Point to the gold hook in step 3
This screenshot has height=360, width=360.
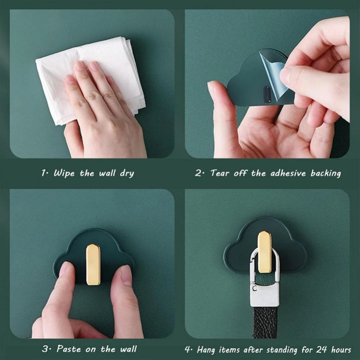[93, 265]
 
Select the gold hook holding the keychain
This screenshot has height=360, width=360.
[264, 252]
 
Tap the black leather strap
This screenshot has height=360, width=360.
[265, 323]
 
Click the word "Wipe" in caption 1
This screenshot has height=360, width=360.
[64, 173]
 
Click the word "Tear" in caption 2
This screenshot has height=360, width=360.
[220, 173]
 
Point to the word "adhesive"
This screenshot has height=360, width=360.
[288, 173]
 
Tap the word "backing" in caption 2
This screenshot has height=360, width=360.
[325, 174]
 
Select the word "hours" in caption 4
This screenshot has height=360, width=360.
[341, 350]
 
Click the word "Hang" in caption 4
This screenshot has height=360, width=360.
[206, 350]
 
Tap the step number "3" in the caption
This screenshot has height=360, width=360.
[45, 349]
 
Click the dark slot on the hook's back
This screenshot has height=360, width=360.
[267, 94]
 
